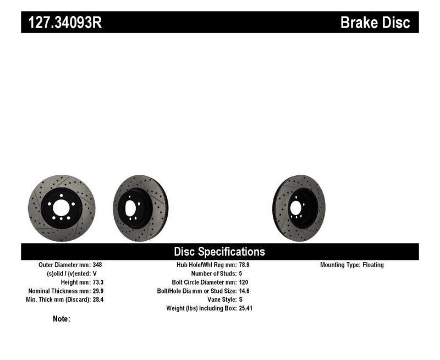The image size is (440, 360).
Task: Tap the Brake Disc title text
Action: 375,23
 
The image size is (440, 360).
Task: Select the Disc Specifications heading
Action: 219,252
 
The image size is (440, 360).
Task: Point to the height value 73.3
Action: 98,282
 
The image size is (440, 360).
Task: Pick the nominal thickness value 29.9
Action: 98,291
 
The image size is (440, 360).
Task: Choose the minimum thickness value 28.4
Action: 98,300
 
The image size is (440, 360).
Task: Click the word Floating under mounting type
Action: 373,265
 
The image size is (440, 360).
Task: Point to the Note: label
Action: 62,319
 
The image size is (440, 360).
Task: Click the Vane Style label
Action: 220,300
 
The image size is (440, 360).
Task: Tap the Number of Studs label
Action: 213,274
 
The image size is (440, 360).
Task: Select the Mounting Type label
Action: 340,265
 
